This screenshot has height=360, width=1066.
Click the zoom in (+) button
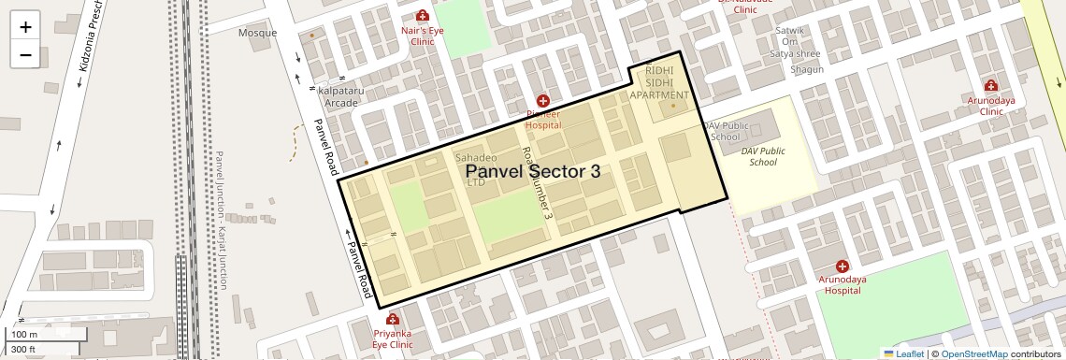pos(25,26)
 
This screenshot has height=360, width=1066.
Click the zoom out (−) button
pos(25,54)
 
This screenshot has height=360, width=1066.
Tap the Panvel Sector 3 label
pos(532,171)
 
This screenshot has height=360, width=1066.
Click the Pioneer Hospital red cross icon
pos(542,100)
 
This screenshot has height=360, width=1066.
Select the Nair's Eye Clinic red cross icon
pos(423,16)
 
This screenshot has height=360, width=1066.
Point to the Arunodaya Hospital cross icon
pos(842,266)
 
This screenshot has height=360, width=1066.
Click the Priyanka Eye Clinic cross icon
pos(392,319)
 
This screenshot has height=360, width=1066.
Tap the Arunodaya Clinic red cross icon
pos(990,86)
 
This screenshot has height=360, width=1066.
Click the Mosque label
pos(257,33)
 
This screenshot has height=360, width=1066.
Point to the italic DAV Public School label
pos(763,156)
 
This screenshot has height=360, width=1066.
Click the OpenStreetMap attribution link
pos(973,353)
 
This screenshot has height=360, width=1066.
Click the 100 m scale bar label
pos(24,335)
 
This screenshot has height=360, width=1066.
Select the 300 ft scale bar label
pos(23,350)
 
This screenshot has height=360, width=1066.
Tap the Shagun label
pos(806,69)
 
